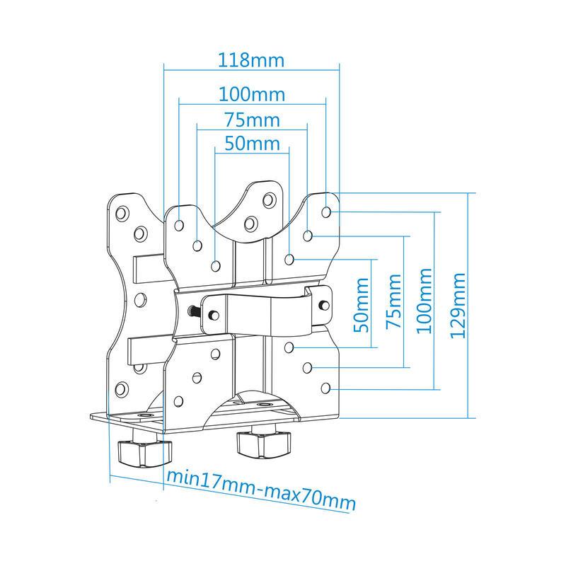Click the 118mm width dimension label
(251, 60)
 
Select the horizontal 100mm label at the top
(252, 95)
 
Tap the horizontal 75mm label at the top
(253, 120)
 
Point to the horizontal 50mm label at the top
(253, 144)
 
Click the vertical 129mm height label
(458, 306)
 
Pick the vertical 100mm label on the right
(424, 301)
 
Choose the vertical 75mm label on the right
(394, 301)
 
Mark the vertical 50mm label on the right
(362, 305)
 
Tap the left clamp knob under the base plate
(144, 451)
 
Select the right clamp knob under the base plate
(263, 444)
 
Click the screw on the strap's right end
(325, 305)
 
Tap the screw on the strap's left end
(214, 315)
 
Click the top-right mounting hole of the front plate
(326, 212)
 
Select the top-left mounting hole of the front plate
(179, 226)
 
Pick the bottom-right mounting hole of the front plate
(325, 388)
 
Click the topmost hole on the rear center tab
(270, 200)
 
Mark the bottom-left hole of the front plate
(178, 401)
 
